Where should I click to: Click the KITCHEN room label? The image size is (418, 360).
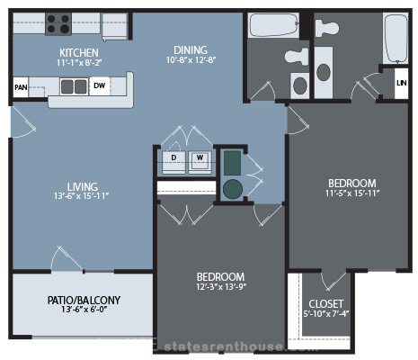[x=79, y=53]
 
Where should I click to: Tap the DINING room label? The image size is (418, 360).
[x=191, y=49]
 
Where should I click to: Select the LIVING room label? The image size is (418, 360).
[x=83, y=186]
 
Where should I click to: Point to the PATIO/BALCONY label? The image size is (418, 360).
[x=84, y=300]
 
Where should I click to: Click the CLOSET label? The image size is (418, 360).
[x=326, y=304]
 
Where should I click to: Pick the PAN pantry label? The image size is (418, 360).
[x=21, y=87]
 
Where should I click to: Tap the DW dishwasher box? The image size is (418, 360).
[x=100, y=85]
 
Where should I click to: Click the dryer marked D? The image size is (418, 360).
[x=173, y=162]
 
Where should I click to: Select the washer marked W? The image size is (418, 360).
[x=200, y=162]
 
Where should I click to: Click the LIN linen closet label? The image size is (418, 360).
[x=402, y=83]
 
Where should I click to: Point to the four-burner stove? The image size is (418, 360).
[x=58, y=24]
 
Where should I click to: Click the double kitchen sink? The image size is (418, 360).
[x=74, y=86]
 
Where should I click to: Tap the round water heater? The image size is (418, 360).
[x=233, y=189]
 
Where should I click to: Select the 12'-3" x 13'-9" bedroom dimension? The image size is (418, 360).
[x=221, y=287]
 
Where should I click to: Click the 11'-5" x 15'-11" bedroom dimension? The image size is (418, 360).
[x=352, y=193]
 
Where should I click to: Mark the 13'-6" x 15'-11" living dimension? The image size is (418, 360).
[x=82, y=196]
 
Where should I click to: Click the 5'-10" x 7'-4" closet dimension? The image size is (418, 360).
[x=326, y=314]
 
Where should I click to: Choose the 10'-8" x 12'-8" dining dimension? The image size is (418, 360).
[x=191, y=60]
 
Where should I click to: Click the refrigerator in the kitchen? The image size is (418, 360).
[x=114, y=26]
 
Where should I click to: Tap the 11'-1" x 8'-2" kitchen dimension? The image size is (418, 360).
[x=79, y=63]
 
